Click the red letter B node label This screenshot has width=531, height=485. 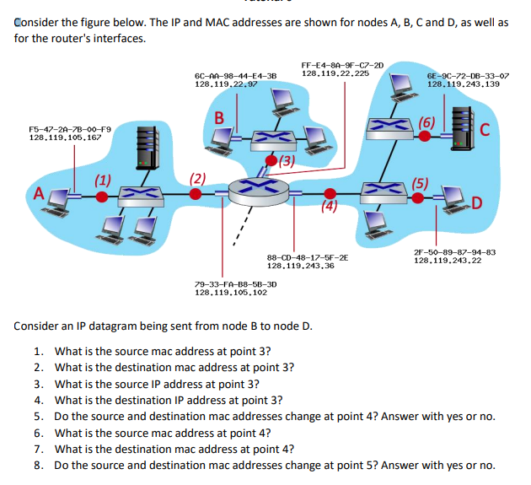click(220, 117)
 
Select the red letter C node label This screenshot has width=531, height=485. click(484, 128)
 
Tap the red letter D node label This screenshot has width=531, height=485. click(480, 202)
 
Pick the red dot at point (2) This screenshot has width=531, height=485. click(196, 194)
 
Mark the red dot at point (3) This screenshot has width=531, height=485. click(271, 160)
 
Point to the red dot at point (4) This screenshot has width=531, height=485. click(329, 193)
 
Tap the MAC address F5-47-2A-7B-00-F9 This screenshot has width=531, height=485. click(68, 127)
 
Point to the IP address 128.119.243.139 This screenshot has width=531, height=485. click(463, 84)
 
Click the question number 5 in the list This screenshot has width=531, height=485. click(39, 417)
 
